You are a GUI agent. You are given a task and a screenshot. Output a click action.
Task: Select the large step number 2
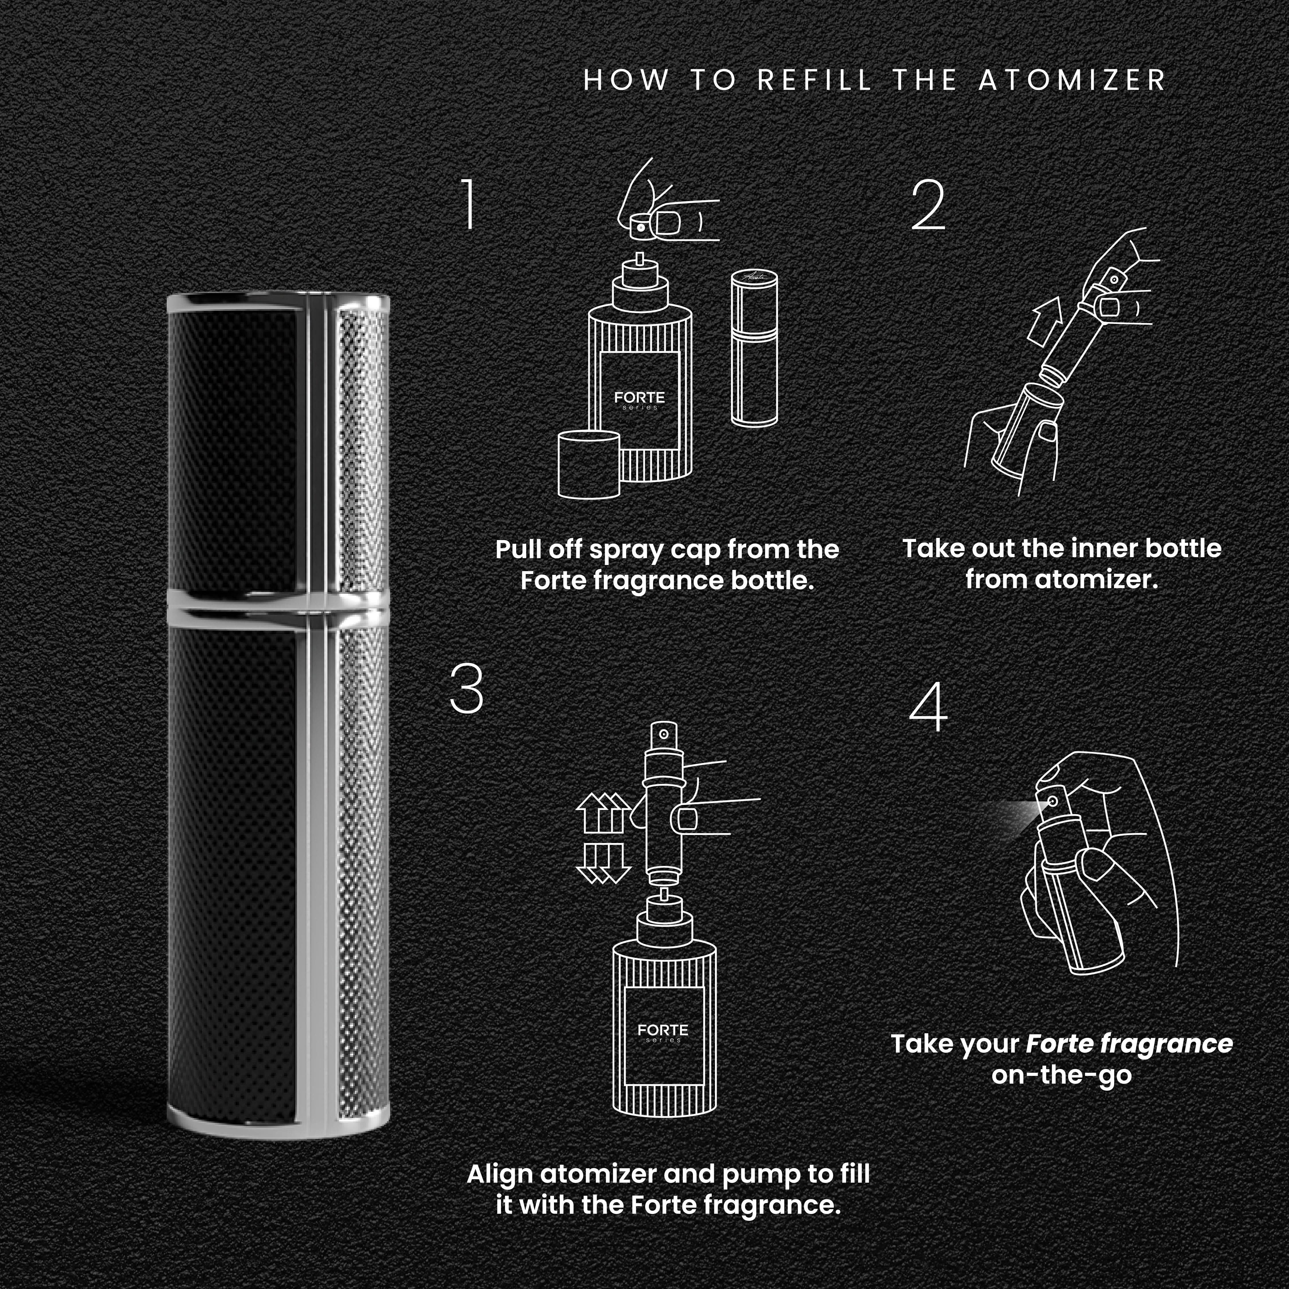[x=929, y=205]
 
